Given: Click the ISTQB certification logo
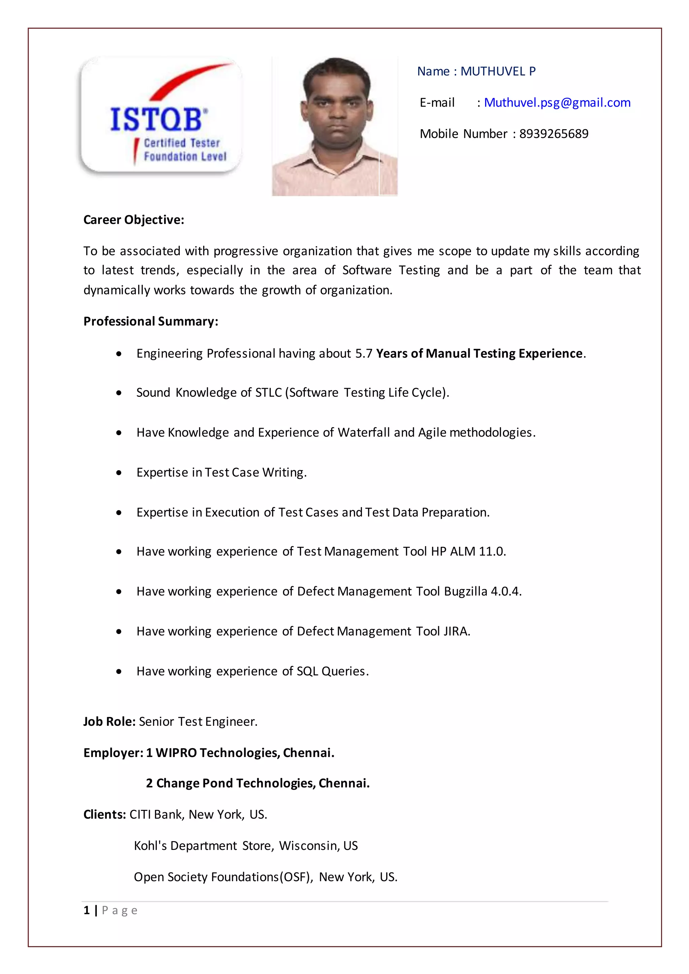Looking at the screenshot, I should tap(161, 116).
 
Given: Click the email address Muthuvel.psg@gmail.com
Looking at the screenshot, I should tap(557, 103).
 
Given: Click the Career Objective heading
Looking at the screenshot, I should tap(134, 220).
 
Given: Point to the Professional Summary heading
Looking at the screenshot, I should tap(151, 322).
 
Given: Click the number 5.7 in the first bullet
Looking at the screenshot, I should tap(364, 354).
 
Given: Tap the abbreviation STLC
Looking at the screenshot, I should tap(268, 393).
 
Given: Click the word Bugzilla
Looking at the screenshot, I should tap(465, 591).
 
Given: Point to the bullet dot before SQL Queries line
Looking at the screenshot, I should tap(119, 672).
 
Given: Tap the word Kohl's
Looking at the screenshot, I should tap(150, 846).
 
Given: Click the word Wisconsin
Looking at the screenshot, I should tap(309, 846).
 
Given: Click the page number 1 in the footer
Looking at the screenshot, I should tap(86, 910).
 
